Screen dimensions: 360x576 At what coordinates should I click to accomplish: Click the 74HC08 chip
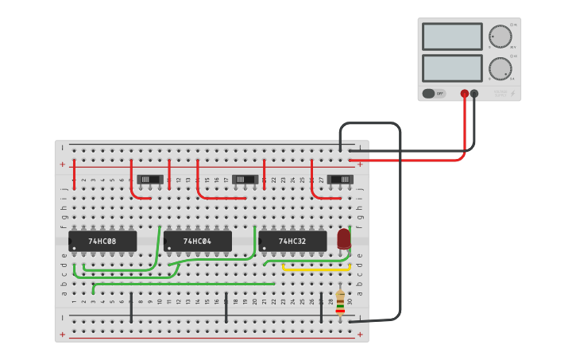pos(102,241)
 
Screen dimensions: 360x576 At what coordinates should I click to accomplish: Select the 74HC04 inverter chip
pos(198,241)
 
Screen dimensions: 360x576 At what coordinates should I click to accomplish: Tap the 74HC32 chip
pos(292,241)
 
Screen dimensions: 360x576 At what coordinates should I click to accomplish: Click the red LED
pos(344,238)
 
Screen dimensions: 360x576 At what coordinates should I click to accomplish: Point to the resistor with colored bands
pos(340,301)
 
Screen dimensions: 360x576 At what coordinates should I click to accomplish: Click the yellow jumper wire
pos(316,269)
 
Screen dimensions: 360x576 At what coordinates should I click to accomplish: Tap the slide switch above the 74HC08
pos(150,180)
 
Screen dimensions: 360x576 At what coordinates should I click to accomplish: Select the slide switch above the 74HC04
pos(245,180)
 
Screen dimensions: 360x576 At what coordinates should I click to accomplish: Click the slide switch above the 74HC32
pos(341,180)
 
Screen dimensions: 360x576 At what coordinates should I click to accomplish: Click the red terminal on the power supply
pos(465,94)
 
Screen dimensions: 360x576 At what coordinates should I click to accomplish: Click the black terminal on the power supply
pos(474,94)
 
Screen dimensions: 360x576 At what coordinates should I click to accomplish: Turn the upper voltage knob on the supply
pos(500,37)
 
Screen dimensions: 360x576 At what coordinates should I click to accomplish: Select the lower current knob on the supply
pos(500,68)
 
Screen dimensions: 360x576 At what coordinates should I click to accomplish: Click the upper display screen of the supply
pos(452,37)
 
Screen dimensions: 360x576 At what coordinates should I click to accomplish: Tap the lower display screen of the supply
pos(452,68)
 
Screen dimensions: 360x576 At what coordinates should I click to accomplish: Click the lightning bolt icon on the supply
pos(512,94)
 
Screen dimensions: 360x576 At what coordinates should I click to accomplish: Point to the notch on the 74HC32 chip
pos(261,241)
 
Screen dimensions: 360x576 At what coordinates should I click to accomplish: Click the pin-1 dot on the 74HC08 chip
pos(74,249)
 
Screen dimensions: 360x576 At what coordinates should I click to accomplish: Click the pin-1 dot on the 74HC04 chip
pos(169,249)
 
